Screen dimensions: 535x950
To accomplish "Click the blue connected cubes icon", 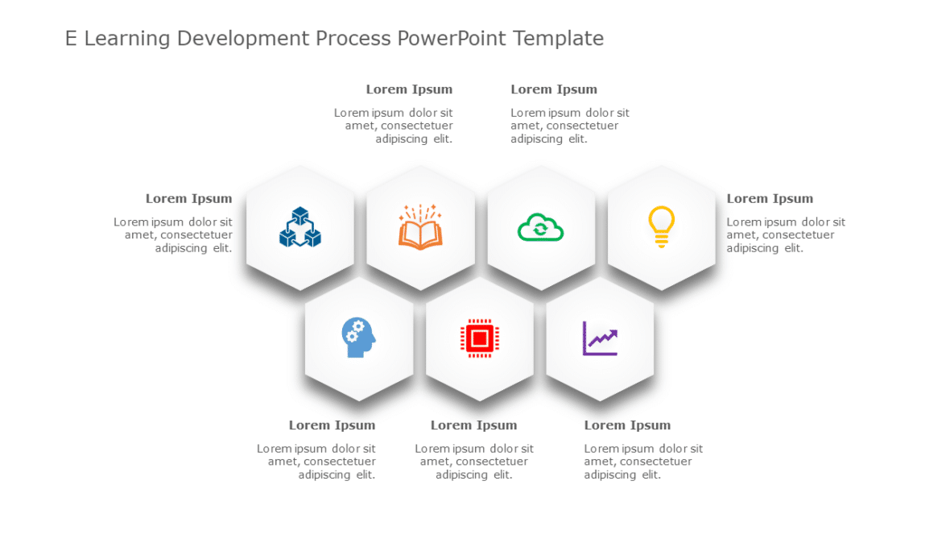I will [x=299, y=227].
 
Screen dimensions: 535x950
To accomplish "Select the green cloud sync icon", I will [x=540, y=228].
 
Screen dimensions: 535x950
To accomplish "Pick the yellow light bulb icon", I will [x=661, y=226].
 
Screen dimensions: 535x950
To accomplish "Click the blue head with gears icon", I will [x=358, y=338].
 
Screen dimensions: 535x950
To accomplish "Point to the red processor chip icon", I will [x=479, y=338].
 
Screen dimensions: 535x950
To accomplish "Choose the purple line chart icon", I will [x=600, y=338].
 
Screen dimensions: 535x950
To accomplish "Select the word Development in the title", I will [x=243, y=38].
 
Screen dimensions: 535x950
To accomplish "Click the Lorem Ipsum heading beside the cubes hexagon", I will [x=188, y=199].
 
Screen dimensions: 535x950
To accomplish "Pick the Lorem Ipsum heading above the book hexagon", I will [x=409, y=89].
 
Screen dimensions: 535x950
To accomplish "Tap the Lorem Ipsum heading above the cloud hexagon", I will [x=554, y=89].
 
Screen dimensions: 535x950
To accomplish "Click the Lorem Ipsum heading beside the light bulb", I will [x=770, y=199].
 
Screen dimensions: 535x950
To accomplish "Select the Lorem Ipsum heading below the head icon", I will [x=332, y=425].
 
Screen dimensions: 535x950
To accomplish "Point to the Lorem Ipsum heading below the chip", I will [x=473, y=425].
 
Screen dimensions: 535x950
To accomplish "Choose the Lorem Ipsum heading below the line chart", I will [x=627, y=425].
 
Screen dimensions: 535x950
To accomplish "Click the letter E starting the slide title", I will [x=71, y=38].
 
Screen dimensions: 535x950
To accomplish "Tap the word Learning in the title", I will [x=127, y=38].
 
